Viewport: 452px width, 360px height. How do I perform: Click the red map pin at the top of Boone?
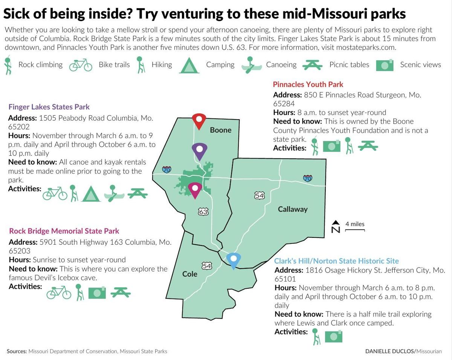point(199,120)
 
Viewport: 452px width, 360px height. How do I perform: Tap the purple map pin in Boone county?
point(199,150)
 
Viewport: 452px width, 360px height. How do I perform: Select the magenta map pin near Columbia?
point(195,189)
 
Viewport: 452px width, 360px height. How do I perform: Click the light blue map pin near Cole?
point(233,260)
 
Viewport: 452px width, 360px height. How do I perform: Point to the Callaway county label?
point(293,209)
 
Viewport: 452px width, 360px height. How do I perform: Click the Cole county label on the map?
point(189,274)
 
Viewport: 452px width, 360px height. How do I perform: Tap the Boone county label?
point(220,130)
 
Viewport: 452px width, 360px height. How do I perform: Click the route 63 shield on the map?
point(203,212)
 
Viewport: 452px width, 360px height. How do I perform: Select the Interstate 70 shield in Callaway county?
point(308,178)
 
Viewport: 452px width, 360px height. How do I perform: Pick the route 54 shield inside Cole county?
point(207,266)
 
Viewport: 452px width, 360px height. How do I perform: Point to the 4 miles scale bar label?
point(355,224)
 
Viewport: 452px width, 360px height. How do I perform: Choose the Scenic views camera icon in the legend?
point(385,65)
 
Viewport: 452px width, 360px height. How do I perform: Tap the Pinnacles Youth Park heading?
point(308,84)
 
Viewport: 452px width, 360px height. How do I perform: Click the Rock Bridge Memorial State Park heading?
point(64,231)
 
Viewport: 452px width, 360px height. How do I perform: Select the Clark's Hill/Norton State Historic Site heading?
point(336,261)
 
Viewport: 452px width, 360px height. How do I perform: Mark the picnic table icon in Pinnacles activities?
point(368,146)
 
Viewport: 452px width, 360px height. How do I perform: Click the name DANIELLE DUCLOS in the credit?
point(389,351)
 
